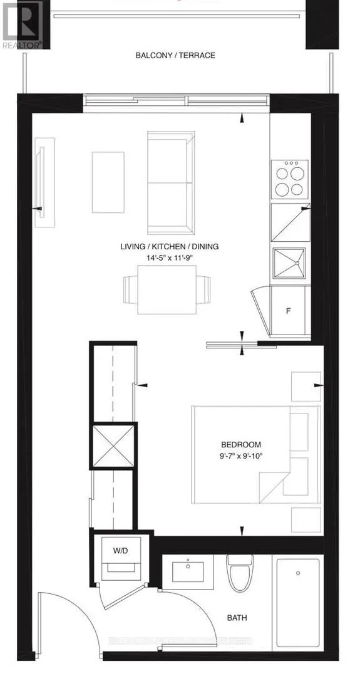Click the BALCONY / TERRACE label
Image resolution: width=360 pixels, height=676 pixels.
[175, 55]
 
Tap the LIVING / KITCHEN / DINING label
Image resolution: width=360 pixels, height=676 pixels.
[169, 246]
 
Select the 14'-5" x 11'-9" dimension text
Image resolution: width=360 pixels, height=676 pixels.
[170, 257]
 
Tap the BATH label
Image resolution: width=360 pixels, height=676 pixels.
[237, 618]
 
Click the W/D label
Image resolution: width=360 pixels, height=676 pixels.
[121, 552]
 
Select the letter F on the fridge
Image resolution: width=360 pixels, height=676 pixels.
[289, 311]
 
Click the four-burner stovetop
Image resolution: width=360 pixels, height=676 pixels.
[289, 179]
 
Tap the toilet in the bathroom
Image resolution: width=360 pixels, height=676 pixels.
[238, 573]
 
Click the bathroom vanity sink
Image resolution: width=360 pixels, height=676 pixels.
[188, 572]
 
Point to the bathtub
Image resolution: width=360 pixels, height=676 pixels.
[297, 601]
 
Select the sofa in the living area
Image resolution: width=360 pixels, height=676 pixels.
[170, 182]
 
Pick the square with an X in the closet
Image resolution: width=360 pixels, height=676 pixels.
[114, 447]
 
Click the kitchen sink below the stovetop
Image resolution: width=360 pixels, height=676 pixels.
[289, 263]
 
